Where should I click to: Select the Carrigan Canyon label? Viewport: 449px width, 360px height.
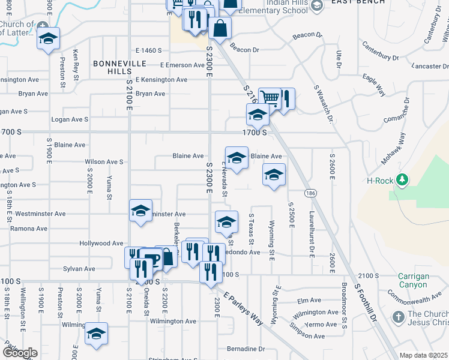(x=413, y=280)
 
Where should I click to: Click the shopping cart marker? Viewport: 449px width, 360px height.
(x=270, y=97)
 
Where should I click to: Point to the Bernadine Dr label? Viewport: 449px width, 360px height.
(x=246, y=349)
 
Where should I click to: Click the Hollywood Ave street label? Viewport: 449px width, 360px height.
(x=101, y=243)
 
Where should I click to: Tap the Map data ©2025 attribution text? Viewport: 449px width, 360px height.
(x=423, y=355)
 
